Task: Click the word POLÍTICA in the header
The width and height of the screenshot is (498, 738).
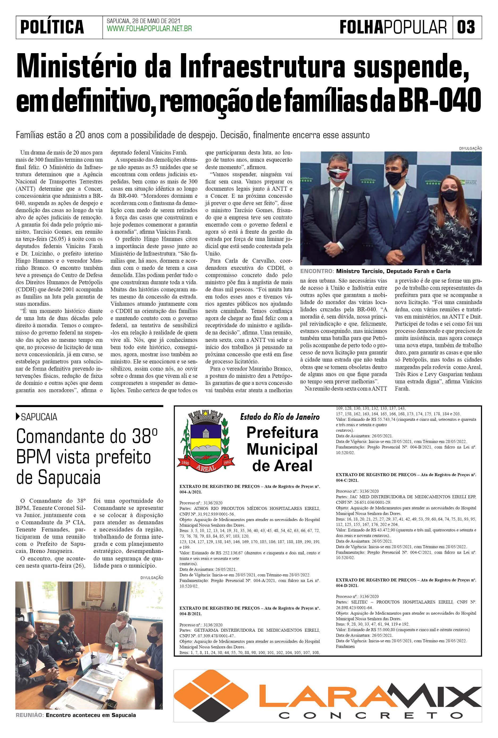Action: click(x=52, y=27)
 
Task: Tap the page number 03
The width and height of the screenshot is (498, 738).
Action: click(x=466, y=27)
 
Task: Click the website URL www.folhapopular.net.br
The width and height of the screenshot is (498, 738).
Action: click(x=149, y=29)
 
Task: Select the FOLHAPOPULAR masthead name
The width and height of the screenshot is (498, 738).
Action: click(x=393, y=27)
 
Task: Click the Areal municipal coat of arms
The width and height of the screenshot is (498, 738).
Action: click(x=206, y=441)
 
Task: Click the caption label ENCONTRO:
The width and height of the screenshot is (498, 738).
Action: click(x=317, y=271)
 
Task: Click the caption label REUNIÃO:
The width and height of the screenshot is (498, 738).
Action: click(x=29, y=715)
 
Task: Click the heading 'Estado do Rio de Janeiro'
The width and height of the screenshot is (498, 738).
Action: click(x=280, y=417)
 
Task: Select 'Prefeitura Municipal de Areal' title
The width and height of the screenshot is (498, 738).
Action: click(x=282, y=449)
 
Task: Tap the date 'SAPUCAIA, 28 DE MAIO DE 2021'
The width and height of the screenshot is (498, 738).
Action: click(x=143, y=21)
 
